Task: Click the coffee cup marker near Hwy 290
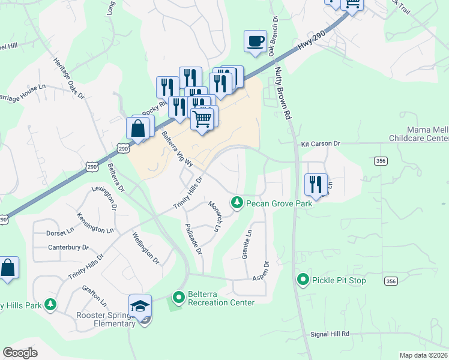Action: pos(256,41)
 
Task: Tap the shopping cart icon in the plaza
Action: pos(203,119)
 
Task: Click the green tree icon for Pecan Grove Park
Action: pos(238,203)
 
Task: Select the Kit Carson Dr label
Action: pos(321,144)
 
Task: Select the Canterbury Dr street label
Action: pos(68,247)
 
